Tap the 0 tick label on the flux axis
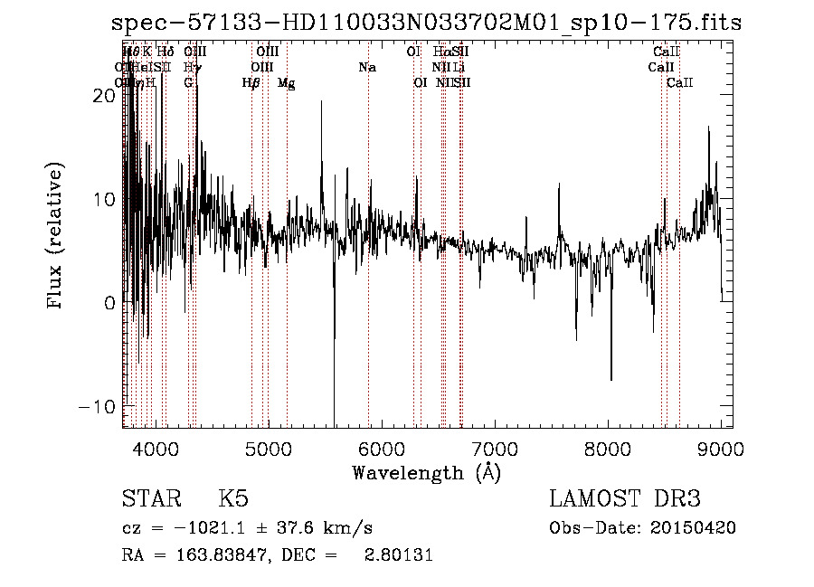point(109,303)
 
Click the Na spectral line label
point(367,68)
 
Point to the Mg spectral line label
point(287,83)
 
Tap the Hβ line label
point(251,83)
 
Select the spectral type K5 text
point(233,500)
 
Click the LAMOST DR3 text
point(625,500)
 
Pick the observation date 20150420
point(696,528)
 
